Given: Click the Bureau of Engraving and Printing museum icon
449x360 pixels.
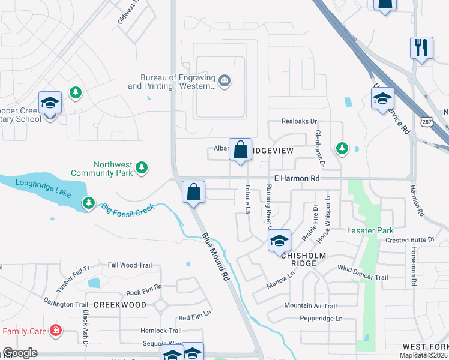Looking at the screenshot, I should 224,81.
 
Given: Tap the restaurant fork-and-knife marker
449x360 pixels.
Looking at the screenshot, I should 421,47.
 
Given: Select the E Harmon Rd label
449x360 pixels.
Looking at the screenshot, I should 295,178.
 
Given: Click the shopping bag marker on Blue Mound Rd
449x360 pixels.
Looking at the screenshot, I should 194,193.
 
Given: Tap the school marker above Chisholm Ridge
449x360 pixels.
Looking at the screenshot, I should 279,241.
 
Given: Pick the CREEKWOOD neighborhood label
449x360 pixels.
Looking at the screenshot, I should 120,305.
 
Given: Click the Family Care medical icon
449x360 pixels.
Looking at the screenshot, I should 56,330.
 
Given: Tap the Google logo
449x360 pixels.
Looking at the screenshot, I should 20,353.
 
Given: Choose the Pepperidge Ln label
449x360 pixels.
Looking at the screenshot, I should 321,319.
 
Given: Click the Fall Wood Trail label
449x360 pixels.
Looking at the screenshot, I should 130,265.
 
